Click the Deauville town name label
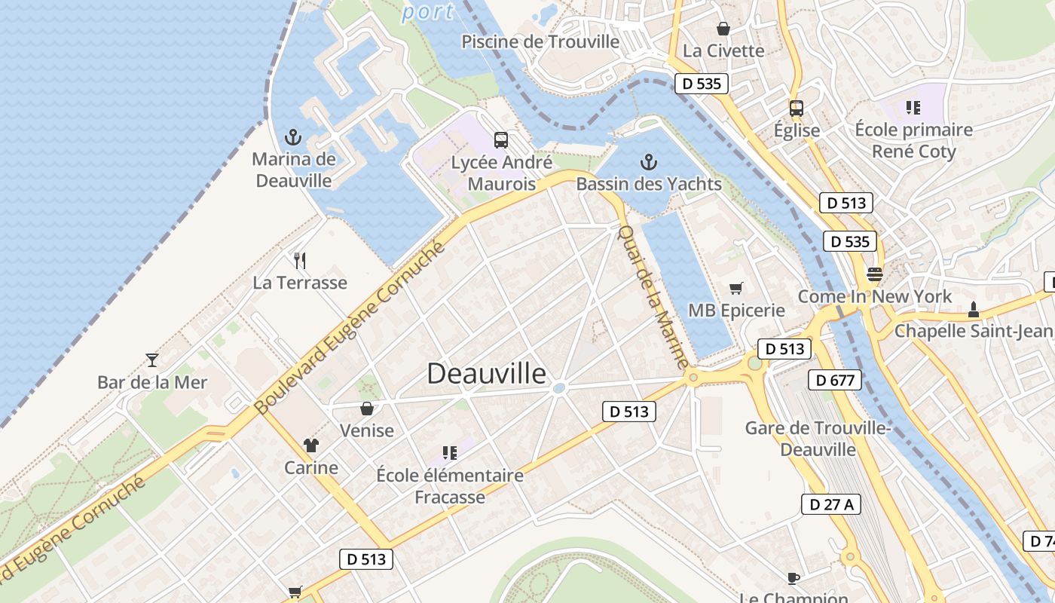click(487, 373)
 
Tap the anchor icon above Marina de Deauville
click(293, 137)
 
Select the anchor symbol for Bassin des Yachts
click(648, 161)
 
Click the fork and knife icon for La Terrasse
click(300, 261)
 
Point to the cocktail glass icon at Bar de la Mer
click(152, 360)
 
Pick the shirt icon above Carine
click(310, 445)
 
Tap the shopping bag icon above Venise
click(367, 409)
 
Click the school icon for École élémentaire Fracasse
click(450, 453)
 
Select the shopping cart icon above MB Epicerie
click(736, 288)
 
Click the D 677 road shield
click(835, 380)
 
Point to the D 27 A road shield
click(830, 504)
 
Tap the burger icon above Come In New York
click(874, 274)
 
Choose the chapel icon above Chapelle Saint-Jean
click(974, 309)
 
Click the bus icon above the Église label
click(797, 108)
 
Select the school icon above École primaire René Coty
click(913, 108)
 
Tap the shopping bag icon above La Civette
click(723, 29)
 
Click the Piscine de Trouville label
click(540, 41)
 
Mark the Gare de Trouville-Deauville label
click(818, 439)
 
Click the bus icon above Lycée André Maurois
click(501, 139)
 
